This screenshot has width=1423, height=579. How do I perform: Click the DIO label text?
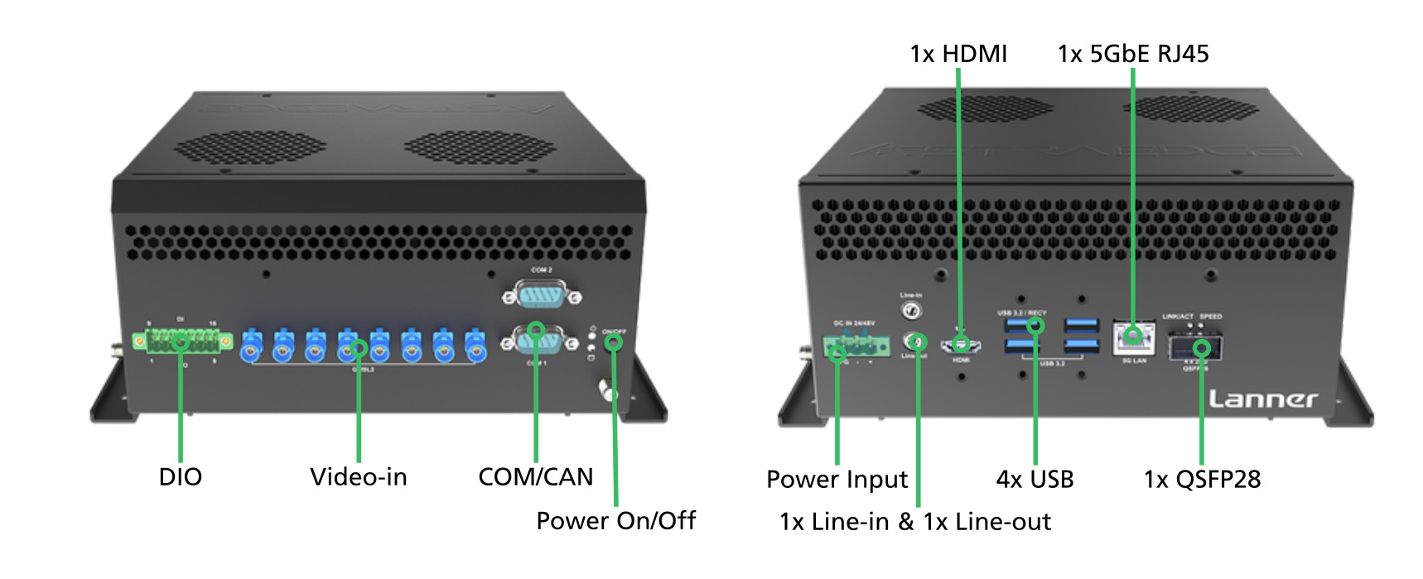tap(180, 477)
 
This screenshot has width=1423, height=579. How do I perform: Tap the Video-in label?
tap(359, 477)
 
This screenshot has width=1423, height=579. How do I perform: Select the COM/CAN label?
tap(536, 477)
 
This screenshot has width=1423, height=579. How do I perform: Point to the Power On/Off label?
tap(615, 521)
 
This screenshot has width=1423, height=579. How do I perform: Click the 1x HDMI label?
tap(958, 54)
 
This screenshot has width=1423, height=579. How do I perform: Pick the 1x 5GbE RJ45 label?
tap(1133, 54)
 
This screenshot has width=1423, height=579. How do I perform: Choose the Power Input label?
tap(837, 480)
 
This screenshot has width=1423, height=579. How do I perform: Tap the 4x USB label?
tap(1035, 480)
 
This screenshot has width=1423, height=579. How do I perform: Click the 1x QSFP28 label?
tap(1202, 480)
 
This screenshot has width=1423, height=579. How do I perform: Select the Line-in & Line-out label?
tap(915, 522)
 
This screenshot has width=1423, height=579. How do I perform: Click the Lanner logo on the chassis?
tap(1262, 400)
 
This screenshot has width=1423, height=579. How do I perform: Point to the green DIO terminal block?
tap(181, 340)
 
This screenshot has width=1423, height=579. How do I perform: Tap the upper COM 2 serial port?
tap(542, 295)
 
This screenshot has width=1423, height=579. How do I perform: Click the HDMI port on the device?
tap(962, 343)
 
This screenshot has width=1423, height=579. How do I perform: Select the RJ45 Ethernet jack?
tap(1133, 335)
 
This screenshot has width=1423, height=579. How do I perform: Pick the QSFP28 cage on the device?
tap(1195, 348)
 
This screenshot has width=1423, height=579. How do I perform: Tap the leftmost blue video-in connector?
tap(251, 345)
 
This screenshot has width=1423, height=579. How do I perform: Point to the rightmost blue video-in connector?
tap(474, 345)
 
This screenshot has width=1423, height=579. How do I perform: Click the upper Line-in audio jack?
tap(911, 311)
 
